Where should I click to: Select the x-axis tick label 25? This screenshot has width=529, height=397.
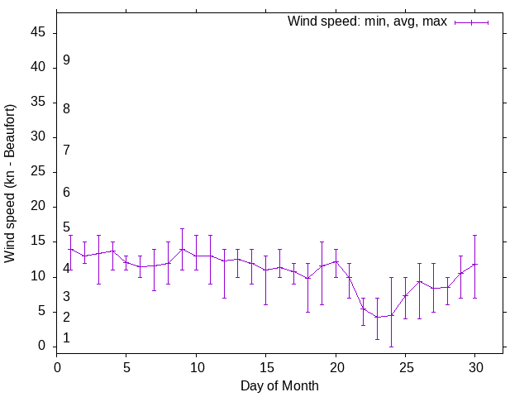pos(405,366)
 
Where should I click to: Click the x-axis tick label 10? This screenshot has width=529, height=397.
pos(196,366)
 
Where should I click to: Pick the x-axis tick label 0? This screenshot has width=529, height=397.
pos(56,366)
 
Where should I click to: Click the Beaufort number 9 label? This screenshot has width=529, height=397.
pos(66,60)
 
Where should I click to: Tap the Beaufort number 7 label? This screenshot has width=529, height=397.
pos(66,150)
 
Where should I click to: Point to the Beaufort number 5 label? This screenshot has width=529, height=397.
pos(66,227)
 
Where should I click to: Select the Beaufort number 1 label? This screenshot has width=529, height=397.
pos(66,338)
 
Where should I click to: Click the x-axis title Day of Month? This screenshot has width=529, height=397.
pos(279,385)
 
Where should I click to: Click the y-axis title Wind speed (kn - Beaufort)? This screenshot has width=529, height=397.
pos(11,184)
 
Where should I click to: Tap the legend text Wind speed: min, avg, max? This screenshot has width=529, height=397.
pos(367,22)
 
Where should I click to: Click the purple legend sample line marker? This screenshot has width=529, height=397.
pos(471,22)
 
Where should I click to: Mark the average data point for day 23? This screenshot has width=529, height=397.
pos(377,317)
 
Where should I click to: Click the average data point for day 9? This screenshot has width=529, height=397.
pos(182,249)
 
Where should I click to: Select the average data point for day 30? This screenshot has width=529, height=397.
pos(474,265)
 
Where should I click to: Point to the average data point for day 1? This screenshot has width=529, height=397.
pos(70,249)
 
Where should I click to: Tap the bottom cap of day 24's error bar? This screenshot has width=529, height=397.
pos(391,347)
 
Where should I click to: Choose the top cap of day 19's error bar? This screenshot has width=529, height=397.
pos(322,242)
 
